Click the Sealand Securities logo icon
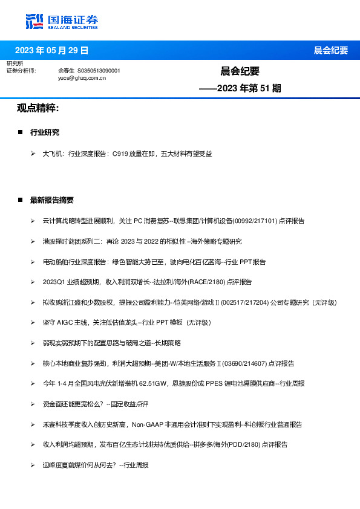click(x=35, y=21)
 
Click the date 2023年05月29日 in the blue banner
click(x=51, y=50)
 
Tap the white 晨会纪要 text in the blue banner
click(x=330, y=50)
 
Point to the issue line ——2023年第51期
click(x=240, y=88)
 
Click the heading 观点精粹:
click(x=38, y=108)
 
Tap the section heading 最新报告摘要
click(x=52, y=200)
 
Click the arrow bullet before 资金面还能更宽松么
click(x=33, y=404)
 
